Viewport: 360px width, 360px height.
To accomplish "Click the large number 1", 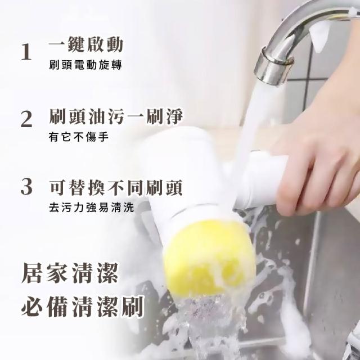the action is pyautogui.click(x=26, y=52).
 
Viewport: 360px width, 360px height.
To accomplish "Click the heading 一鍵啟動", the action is pyautogui.click(x=86, y=44).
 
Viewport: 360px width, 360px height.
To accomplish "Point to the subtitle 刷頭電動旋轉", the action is pyautogui.click(x=85, y=65).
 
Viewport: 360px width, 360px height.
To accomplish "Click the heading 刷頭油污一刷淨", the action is pyautogui.click(x=116, y=116).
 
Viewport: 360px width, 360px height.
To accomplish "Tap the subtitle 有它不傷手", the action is pyautogui.click(x=79, y=137).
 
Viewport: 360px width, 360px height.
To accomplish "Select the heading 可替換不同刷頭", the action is pyautogui.click(x=116, y=188).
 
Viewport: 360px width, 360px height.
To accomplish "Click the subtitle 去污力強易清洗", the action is pyautogui.click(x=91, y=208).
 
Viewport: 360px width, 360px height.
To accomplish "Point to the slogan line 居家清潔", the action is pyautogui.click(x=70, y=273).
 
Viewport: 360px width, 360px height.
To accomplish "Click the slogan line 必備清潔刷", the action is pyautogui.click(x=83, y=307).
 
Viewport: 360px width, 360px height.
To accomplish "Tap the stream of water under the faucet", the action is pyautogui.click(x=257, y=119).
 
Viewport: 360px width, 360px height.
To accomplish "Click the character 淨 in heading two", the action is pyautogui.click(x=175, y=116).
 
